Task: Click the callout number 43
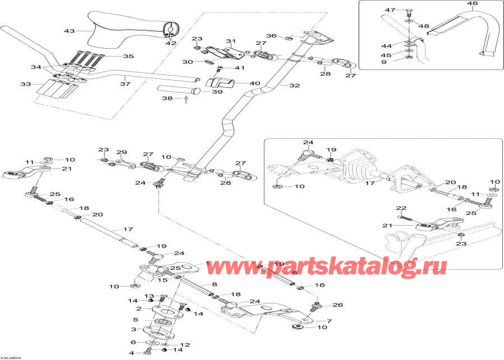(69, 31)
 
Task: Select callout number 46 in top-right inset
(473, 4)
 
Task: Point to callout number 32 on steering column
(295, 86)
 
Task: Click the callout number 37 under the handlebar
(125, 84)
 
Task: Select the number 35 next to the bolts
(128, 57)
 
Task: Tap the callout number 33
(25, 85)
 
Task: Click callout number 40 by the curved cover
(255, 83)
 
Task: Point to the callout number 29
(122, 152)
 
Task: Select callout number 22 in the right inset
(400, 208)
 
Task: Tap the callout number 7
(329, 321)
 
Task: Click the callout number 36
(271, 36)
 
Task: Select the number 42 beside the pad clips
(170, 43)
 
